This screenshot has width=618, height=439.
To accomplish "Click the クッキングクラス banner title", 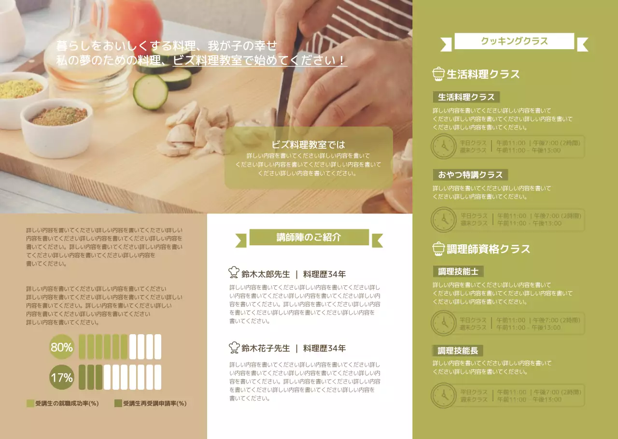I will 514,41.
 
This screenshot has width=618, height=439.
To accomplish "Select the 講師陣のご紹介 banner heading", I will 309,237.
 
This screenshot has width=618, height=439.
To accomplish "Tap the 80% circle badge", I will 62,347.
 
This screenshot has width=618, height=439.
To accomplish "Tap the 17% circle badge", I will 62,377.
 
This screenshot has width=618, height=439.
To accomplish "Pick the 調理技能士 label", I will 458,271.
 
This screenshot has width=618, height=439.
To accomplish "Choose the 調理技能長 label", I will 458,351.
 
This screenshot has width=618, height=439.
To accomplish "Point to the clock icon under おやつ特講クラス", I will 443,220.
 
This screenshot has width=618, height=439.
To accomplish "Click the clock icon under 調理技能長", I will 443,396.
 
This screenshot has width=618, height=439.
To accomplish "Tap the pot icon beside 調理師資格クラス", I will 438,249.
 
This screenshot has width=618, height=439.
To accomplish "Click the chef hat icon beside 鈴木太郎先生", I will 234,273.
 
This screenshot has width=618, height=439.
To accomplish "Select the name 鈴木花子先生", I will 266,348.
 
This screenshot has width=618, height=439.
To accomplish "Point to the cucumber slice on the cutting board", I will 150,92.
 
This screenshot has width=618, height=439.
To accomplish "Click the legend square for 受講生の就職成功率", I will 30,403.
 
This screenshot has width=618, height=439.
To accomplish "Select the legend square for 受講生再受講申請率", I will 118,403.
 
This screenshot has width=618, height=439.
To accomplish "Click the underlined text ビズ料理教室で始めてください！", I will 260,60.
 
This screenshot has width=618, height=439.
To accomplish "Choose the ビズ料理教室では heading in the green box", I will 309,144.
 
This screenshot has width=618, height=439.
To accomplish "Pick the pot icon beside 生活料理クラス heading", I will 438,74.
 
